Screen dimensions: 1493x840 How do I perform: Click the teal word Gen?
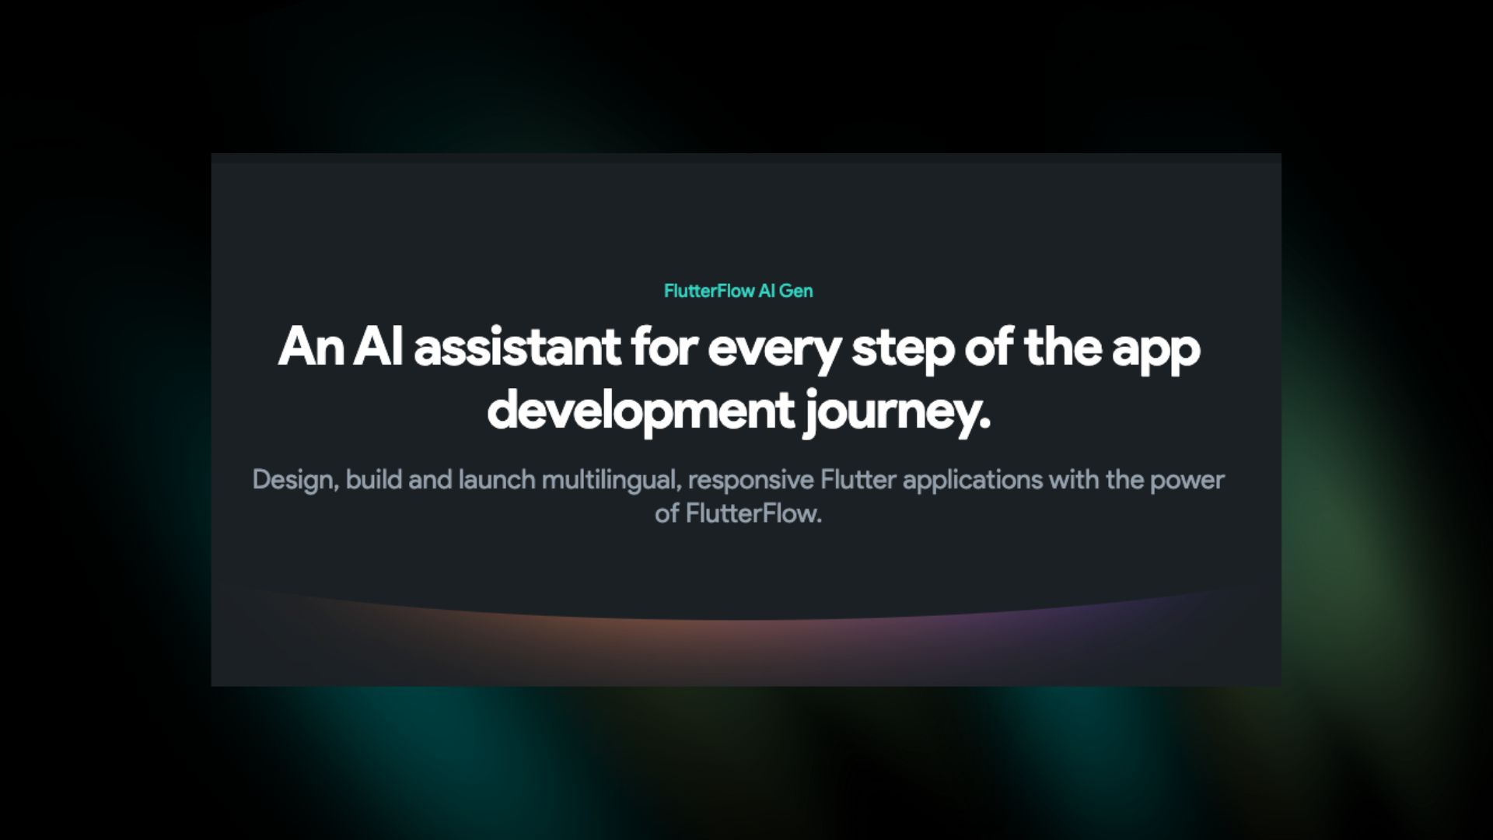[795, 291]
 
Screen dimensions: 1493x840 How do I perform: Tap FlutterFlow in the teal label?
[709, 291]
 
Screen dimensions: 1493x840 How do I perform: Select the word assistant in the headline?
[517, 347]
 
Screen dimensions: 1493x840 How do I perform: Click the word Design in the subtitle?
[293, 480]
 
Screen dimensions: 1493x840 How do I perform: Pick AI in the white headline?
[378, 347]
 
